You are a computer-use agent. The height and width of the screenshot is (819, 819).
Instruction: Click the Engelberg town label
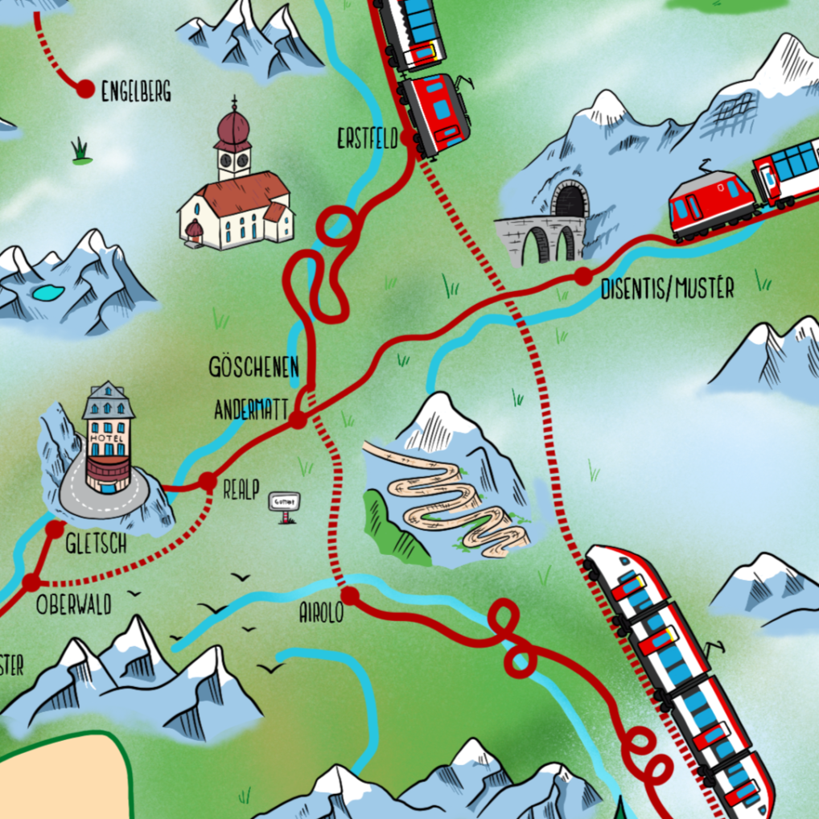(x=136, y=92)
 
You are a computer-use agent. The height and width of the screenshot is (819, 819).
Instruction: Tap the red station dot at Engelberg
(x=84, y=88)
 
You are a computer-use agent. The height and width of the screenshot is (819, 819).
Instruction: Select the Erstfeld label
(x=368, y=140)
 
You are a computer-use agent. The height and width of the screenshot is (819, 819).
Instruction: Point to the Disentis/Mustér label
(x=667, y=289)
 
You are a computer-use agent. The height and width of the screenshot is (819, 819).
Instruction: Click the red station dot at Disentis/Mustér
(x=582, y=277)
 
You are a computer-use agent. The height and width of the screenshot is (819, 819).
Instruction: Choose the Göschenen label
(x=253, y=368)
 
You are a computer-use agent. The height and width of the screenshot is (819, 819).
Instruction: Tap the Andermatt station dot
(x=298, y=419)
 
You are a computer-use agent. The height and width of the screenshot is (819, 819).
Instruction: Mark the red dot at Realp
(x=208, y=482)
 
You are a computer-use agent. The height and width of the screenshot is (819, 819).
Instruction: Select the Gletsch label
(x=96, y=545)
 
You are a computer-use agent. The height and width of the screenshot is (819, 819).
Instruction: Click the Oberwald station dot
(x=31, y=582)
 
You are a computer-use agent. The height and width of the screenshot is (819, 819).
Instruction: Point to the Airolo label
(x=321, y=613)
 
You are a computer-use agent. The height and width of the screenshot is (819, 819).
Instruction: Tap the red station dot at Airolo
(x=352, y=596)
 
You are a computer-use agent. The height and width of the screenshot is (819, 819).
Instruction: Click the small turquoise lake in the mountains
(x=48, y=291)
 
